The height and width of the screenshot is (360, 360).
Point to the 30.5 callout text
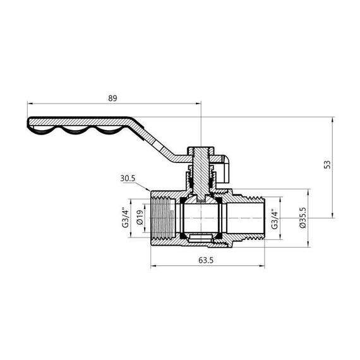(x=129, y=178)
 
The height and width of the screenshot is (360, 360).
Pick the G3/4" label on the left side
(x=125, y=215)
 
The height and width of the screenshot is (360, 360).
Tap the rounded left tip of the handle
(x=30, y=123)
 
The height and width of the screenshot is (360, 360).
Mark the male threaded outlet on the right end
(x=249, y=215)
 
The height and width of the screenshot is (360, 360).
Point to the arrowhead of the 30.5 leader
(x=150, y=189)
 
